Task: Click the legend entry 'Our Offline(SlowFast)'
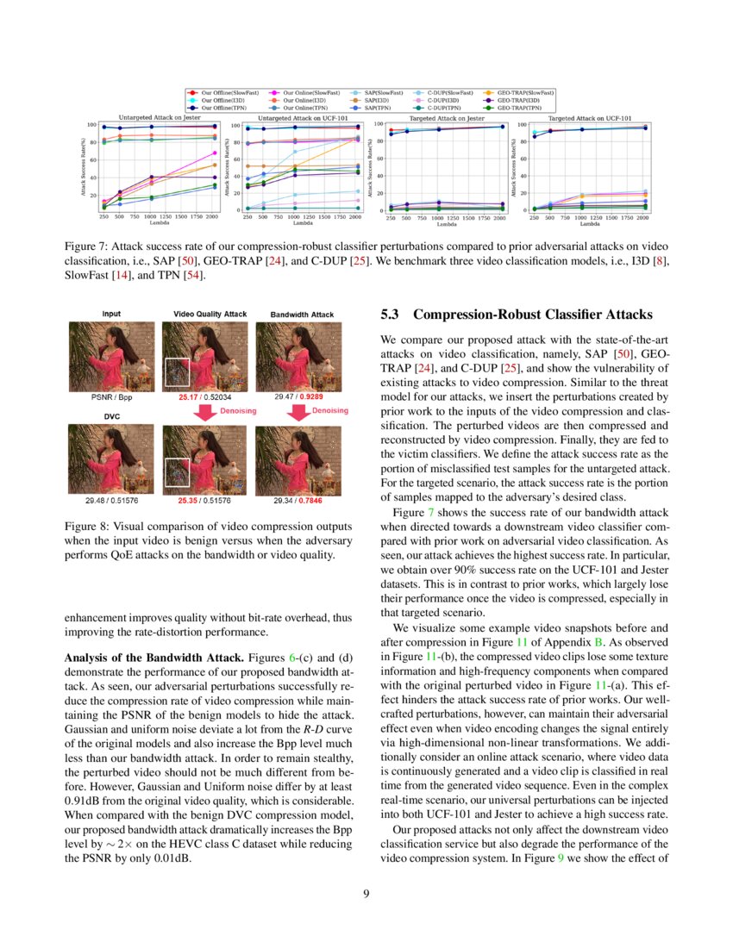[x=226, y=92]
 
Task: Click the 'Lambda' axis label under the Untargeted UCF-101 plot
[x=303, y=223]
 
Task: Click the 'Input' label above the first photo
[x=111, y=315]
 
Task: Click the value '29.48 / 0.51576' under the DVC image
[x=111, y=499]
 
